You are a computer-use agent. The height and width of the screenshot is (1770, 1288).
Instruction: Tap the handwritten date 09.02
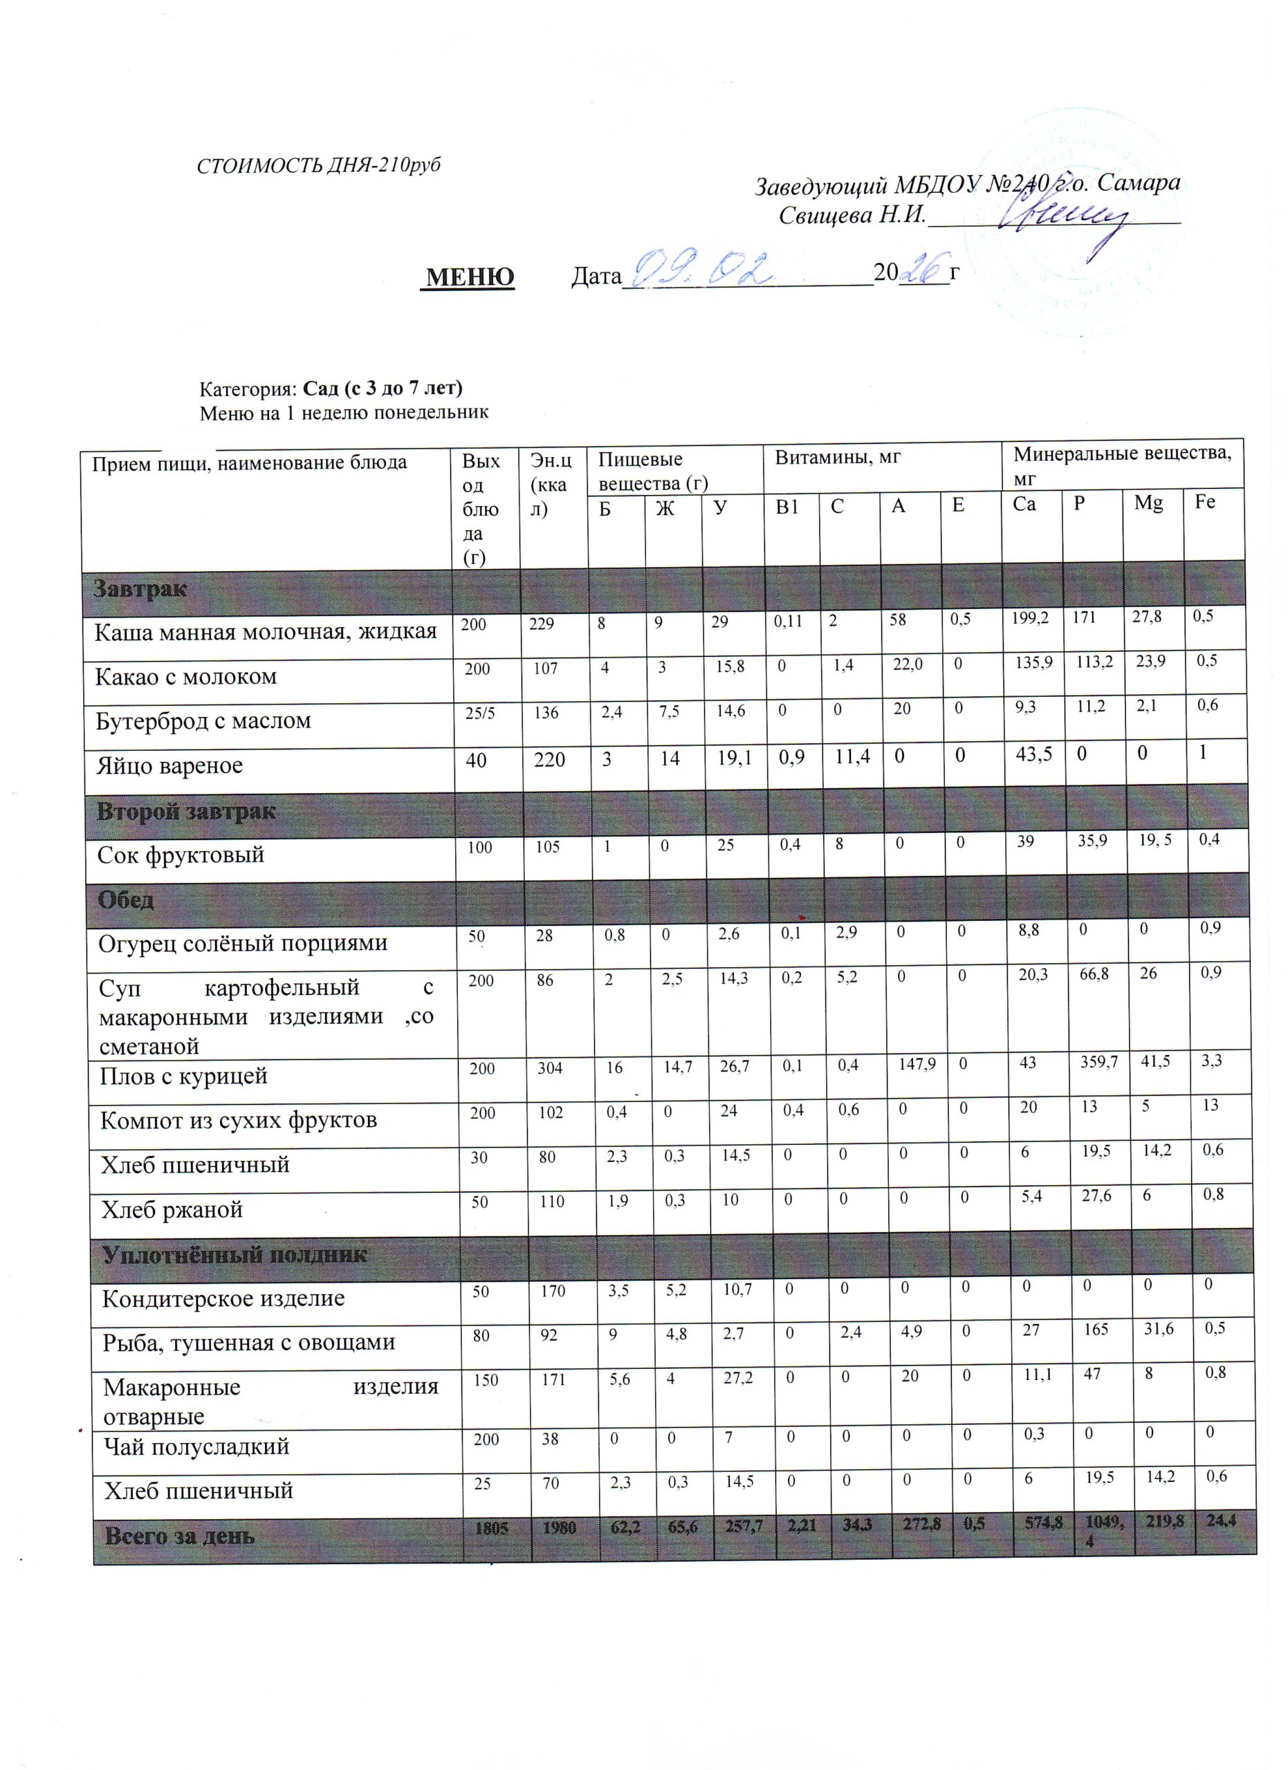click(x=701, y=269)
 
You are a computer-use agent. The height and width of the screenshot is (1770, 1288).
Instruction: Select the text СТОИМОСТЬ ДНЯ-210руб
click(x=318, y=165)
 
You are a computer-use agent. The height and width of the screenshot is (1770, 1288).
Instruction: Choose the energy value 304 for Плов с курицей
click(x=549, y=1068)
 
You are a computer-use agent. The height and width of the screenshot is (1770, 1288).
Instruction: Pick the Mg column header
click(x=1148, y=503)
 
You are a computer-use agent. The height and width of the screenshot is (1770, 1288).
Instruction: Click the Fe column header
click(x=1205, y=502)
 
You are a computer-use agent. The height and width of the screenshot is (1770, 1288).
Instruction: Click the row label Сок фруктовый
click(x=181, y=855)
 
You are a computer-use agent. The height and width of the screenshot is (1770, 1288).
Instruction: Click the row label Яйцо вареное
click(x=169, y=765)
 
